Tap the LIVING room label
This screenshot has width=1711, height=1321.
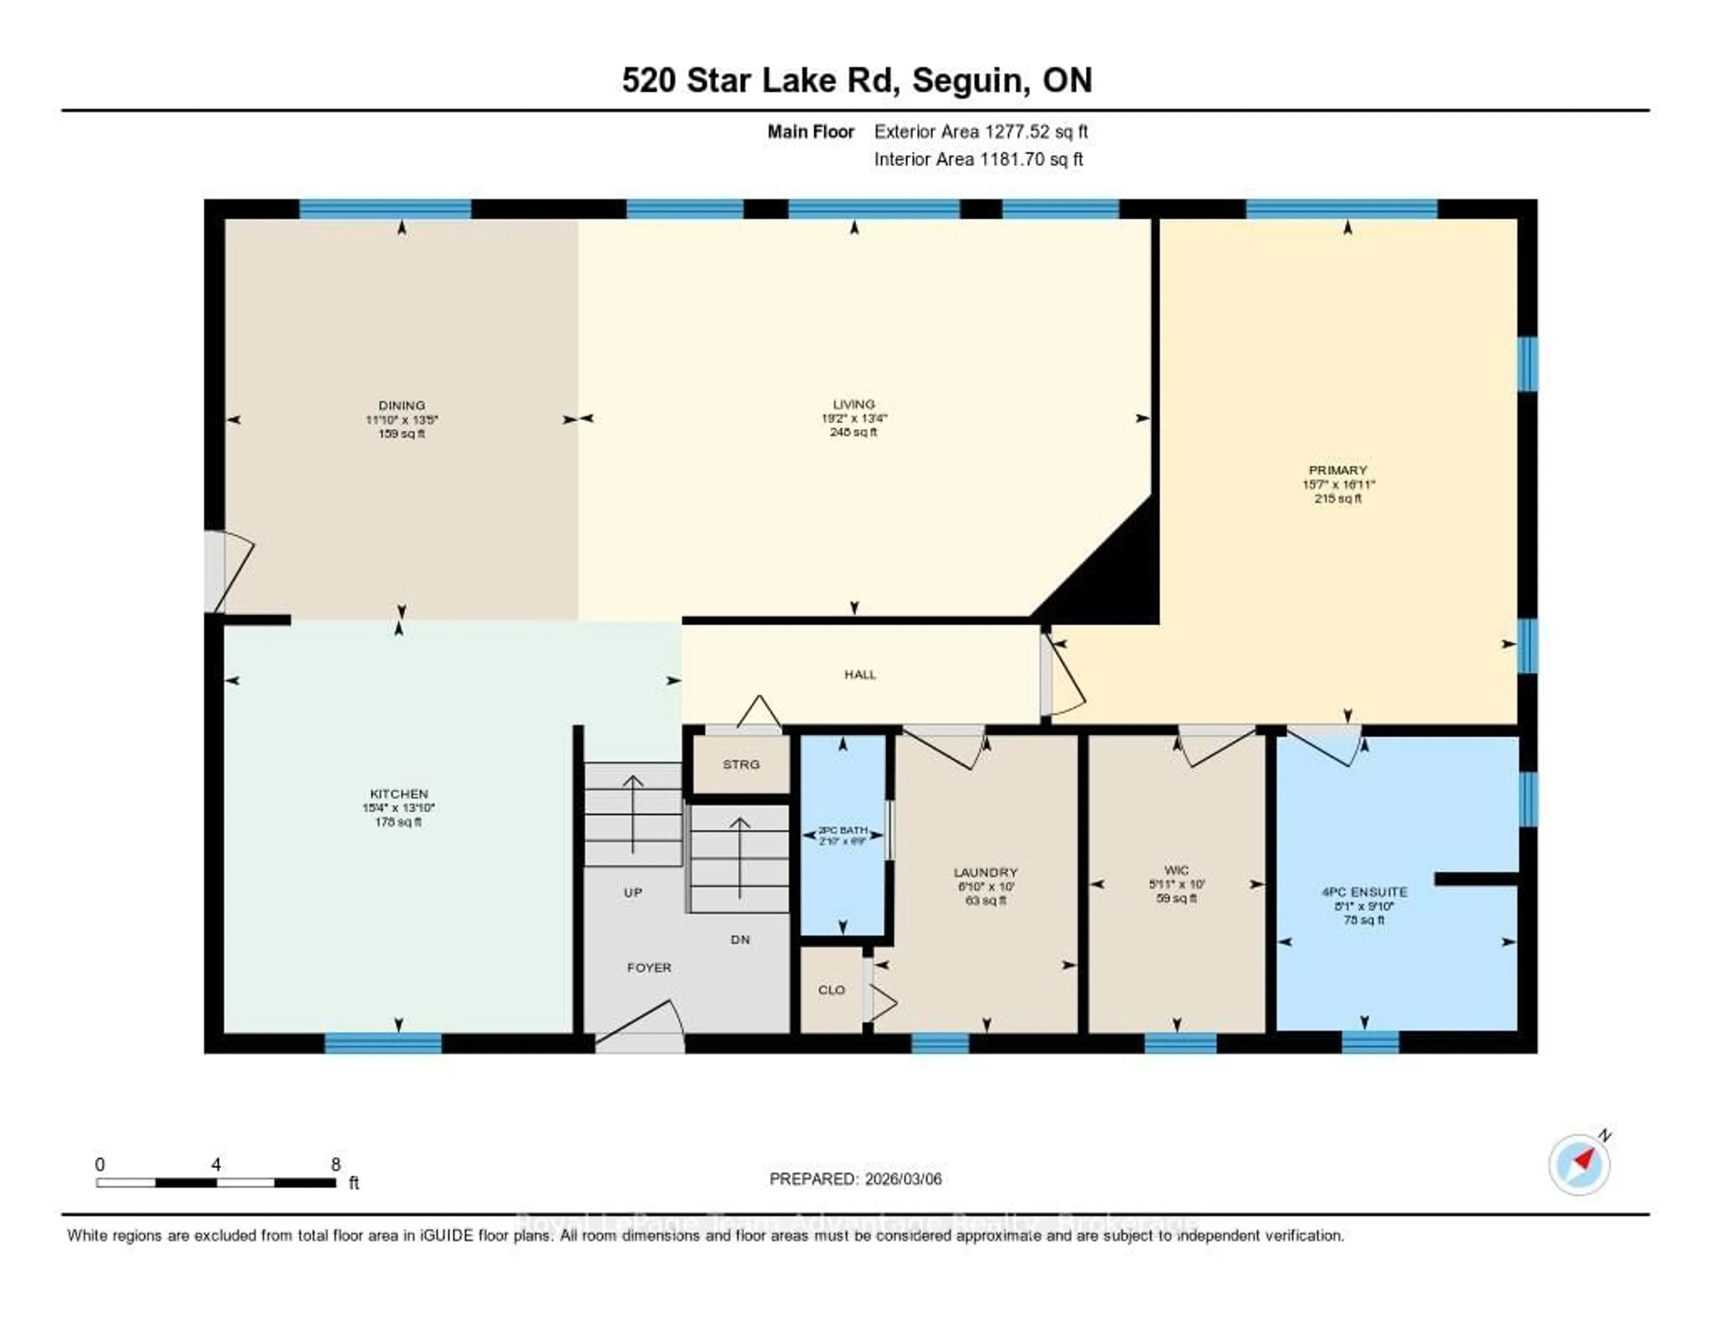pos(853,404)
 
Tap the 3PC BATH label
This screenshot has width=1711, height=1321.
pos(842,830)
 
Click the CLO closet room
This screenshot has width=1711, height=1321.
pos(831,990)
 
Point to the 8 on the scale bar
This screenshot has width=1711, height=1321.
pos(336,1164)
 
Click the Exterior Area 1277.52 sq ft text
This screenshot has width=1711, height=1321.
pos(980,131)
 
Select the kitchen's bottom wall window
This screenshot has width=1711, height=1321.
pos(383,1043)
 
